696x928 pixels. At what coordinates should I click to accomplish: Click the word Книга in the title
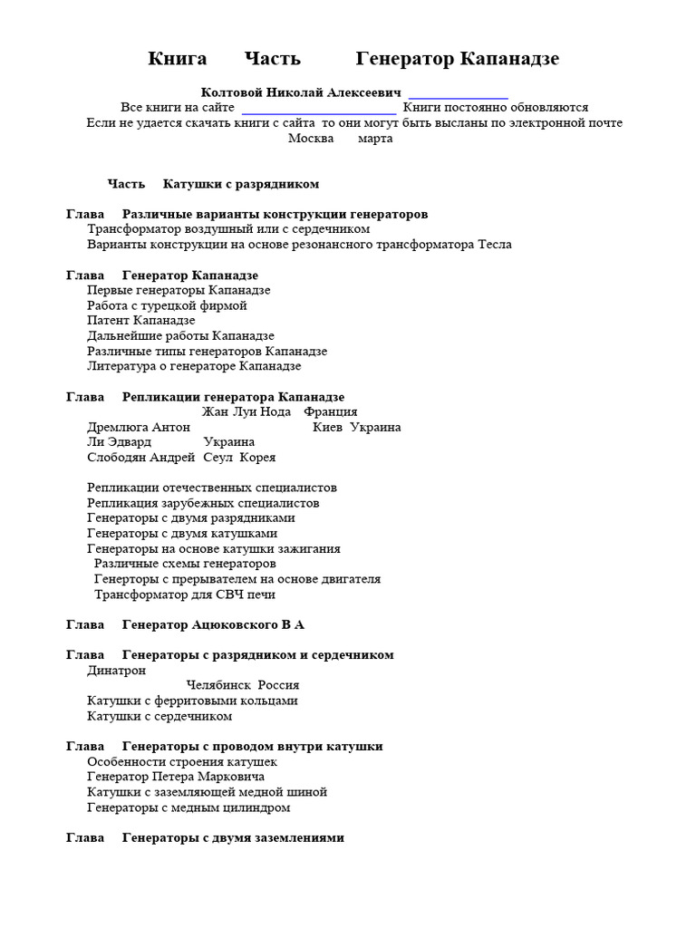tap(178, 59)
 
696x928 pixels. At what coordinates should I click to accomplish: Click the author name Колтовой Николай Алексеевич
tap(300, 92)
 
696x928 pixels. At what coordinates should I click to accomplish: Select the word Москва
tap(311, 139)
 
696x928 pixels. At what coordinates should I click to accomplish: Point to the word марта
tap(375, 139)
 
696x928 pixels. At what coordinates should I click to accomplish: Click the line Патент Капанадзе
tap(140, 321)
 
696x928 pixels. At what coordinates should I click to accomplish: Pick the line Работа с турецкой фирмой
tap(167, 305)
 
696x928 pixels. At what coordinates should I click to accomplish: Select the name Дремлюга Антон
tap(139, 428)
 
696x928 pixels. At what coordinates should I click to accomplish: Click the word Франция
tap(331, 412)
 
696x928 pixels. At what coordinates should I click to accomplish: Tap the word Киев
tap(327, 428)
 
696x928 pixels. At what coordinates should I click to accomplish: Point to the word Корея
tap(257, 458)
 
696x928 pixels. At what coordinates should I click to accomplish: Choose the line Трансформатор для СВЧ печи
tap(184, 594)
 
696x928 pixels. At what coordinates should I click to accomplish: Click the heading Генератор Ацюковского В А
tap(213, 625)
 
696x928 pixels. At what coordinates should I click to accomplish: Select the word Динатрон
tap(116, 671)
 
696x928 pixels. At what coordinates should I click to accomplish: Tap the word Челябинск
tap(217, 685)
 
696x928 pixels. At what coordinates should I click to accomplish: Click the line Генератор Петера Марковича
tap(176, 777)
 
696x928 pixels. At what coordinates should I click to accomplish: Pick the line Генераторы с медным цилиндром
tap(188, 807)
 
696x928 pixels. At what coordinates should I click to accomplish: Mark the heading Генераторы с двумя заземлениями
tap(233, 838)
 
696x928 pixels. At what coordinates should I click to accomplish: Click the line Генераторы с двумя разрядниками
tap(190, 518)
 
